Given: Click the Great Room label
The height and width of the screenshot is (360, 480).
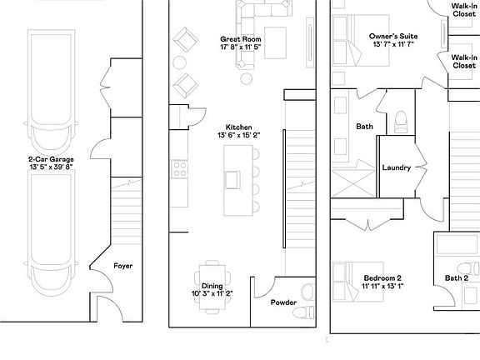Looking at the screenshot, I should click(241, 39).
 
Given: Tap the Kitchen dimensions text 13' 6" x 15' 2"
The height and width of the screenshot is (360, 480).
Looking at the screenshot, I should click(239, 134).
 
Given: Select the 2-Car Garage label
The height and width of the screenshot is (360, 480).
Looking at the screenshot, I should click(52, 158).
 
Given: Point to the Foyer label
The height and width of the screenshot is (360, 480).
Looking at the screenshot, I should click(122, 266).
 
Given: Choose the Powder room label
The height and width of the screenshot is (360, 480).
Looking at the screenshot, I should click(283, 302).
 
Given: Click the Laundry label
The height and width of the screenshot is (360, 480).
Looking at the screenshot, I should click(397, 167).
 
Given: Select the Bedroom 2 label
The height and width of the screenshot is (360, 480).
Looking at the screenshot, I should click(382, 277).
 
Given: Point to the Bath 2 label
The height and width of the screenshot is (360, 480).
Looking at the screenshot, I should click(456, 278).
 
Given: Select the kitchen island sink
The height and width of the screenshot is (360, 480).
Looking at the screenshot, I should click(233, 178).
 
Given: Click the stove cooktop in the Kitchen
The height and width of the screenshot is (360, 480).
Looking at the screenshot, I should click(180, 169).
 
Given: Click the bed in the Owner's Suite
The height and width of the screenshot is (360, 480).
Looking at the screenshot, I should click(348, 40).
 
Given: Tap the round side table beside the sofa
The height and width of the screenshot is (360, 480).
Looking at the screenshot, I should click(247, 78).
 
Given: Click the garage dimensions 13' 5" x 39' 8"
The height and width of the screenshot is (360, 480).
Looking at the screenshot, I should click(52, 167).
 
